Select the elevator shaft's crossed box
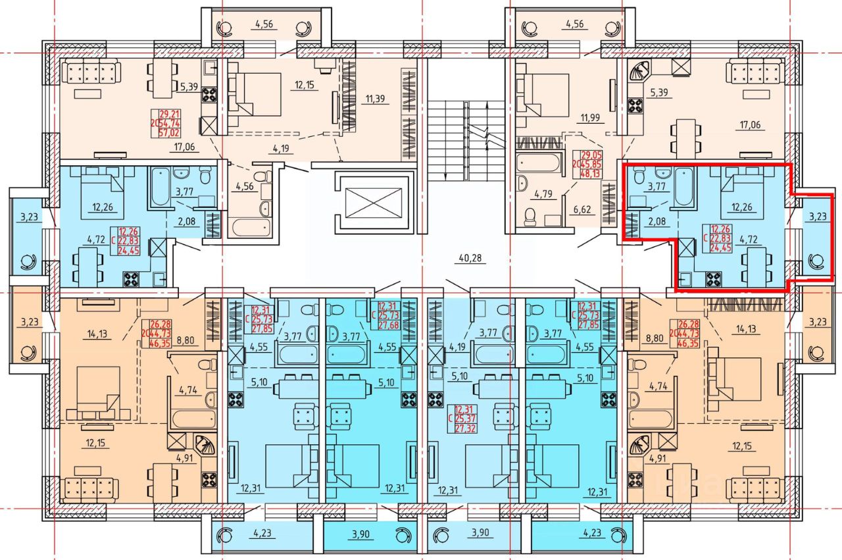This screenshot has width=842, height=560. [x=372, y=201]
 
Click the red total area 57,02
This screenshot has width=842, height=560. [x=170, y=132]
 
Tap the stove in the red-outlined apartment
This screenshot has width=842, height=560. [x=713, y=279]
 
